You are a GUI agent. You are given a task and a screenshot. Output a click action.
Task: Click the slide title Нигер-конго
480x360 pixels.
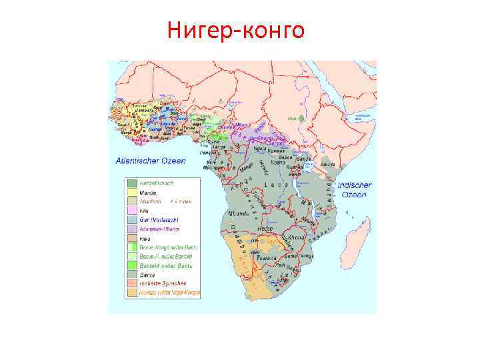[x=236, y=30]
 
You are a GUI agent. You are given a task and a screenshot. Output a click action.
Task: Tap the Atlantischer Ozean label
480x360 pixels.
[x=151, y=161]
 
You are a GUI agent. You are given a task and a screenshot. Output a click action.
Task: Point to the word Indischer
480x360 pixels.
[x=355, y=185]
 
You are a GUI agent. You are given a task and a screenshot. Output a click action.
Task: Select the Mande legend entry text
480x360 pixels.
[x=147, y=191]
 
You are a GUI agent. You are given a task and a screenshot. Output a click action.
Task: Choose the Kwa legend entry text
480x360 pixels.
[x=144, y=237]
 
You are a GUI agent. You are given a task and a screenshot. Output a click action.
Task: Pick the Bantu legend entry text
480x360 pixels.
[x=147, y=274]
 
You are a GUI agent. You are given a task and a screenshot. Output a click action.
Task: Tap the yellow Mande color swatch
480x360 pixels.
[x=133, y=191]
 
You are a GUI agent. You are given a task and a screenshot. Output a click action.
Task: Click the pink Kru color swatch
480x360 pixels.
[x=133, y=210]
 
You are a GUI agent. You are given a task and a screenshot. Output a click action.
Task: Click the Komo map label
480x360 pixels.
[x=280, y=161]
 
